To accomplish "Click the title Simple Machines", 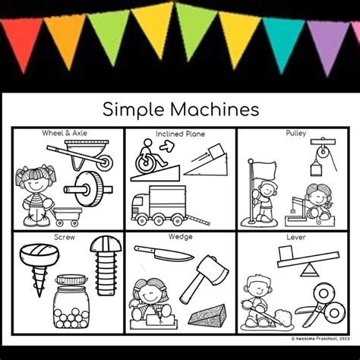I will (x=181, y=109).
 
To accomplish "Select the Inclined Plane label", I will (x=179, y=134).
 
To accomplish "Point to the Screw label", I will (x=65, y=236).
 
